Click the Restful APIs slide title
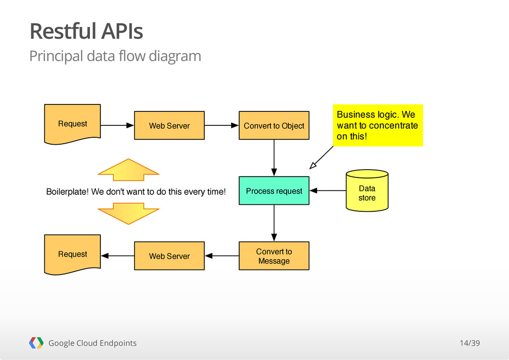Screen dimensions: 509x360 tap(86, 31)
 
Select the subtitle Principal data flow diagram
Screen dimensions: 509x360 tap(115, 56)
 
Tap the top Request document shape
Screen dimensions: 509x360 tap(73, 124)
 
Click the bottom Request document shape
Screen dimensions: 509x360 tap(73, 255)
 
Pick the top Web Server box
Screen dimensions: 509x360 tap(170, 125)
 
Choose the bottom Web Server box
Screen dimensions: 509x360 tap(170, 256)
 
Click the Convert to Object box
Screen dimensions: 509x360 tap(274, 125)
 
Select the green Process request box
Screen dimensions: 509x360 tap(274, 190)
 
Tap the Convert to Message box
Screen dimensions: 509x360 tap(274, 256)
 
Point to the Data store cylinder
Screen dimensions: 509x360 tap(367, 190)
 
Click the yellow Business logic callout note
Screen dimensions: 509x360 tap(378, 125)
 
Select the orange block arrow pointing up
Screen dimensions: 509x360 tap(129, 170)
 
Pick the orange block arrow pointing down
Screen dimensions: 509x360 tap(129, 214)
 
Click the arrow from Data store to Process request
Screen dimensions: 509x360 tap(328, 190)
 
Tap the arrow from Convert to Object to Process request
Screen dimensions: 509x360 tap(274, 158)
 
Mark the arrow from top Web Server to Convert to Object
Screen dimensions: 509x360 tap(222, 125)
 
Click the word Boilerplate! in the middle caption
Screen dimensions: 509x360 tap(67, 192)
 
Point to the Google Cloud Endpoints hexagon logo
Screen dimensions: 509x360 tap(36, 343)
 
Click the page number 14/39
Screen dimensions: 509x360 tap(470, 343)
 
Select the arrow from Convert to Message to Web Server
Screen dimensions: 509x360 tap(222, 256)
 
